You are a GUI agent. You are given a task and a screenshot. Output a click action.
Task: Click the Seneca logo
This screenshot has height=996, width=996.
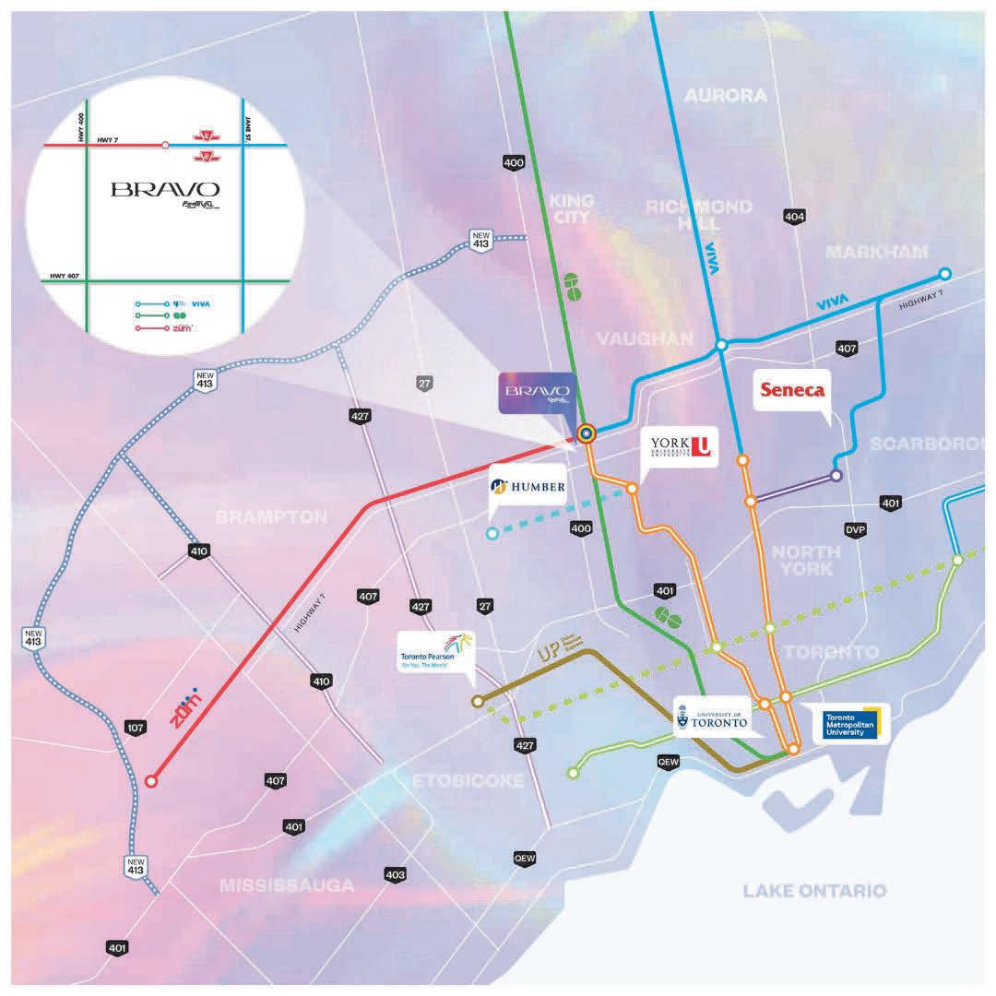[790, 389]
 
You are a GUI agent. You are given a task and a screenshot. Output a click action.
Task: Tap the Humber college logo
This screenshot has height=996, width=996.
[528, 486]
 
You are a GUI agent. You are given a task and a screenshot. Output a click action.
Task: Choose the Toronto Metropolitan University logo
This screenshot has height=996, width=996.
[852, 725]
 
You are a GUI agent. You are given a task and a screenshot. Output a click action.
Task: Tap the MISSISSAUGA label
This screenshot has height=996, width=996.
[287, 885]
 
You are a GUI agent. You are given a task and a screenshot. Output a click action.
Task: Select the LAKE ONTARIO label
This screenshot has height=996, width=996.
[815, 890]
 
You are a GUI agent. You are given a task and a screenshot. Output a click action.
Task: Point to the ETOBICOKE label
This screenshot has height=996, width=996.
[468, 781]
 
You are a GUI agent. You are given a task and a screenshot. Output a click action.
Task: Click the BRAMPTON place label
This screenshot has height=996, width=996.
[271, 517]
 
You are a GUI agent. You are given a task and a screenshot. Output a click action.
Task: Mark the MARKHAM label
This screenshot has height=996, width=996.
[877, 251]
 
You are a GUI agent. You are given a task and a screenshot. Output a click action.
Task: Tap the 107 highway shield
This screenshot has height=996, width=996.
[136, 729]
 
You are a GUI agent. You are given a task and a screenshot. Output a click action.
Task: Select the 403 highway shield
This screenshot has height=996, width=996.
[395, 874]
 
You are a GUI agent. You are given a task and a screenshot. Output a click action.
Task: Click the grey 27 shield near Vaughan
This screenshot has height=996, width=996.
[424, 383]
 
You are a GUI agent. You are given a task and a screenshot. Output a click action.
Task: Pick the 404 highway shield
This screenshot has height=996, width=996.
[794, 216]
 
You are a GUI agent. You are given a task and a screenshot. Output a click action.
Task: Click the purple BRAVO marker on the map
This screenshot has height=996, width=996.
[539, 392]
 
